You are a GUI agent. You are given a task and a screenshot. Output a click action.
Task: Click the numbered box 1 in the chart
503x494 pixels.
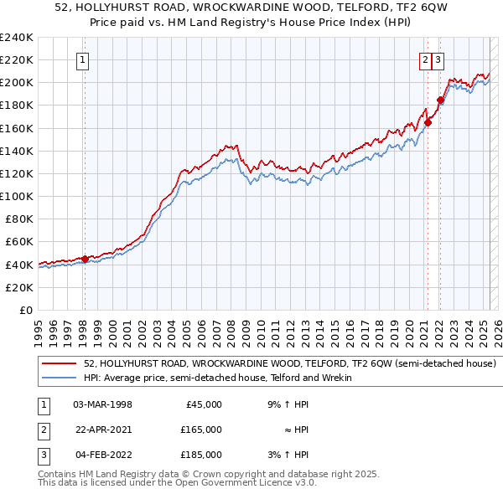click(x=84, y=59)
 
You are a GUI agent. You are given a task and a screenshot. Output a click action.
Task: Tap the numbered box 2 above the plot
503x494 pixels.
click(x=426, y=59)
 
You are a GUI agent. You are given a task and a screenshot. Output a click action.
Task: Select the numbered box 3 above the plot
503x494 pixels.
click(x=438, y=59)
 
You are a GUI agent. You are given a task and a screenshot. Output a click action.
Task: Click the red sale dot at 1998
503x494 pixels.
click(x=85, y=259)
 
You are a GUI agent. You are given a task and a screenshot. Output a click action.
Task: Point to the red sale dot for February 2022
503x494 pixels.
click(x=439, y=100)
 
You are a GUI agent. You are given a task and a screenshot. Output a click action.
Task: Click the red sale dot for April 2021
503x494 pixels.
click(x=428, y=122)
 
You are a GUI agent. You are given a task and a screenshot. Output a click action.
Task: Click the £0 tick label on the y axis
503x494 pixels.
click(x=26, y=310)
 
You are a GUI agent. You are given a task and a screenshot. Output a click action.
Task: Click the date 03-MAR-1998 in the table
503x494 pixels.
click(x=102, y=404)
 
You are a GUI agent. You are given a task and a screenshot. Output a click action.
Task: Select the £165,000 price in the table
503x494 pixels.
click(x=200, y=430)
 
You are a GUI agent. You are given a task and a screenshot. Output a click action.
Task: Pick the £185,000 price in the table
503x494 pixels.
click(x=200, y=455)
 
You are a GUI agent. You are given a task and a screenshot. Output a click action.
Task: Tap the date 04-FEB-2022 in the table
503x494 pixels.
click(x=101, y=455)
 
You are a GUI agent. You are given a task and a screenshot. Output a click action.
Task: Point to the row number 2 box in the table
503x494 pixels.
click(x=41, y=430)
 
